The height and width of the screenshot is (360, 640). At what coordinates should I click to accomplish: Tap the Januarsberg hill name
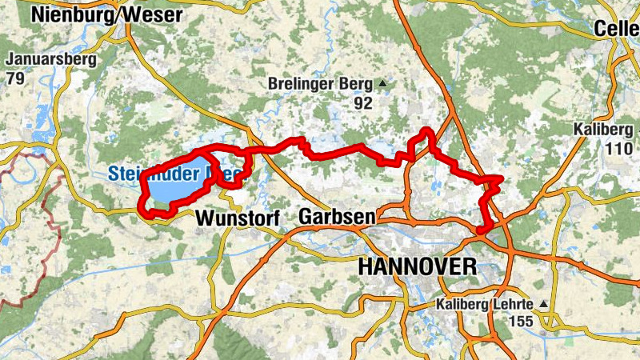51,60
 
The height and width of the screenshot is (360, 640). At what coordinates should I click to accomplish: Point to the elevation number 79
14,78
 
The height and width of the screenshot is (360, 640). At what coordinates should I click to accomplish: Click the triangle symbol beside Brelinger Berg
382,83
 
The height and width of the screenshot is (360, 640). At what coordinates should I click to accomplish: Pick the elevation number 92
364,102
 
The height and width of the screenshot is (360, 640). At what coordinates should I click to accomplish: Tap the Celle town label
617,29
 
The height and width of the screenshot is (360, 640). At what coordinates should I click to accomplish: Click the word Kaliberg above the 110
602,130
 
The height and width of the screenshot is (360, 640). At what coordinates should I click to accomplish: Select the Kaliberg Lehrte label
485,305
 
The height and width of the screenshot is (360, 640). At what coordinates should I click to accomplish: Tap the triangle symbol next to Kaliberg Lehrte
544,305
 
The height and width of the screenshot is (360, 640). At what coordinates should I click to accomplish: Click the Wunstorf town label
230,218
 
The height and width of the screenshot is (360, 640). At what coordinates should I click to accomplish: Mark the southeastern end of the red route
480,230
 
